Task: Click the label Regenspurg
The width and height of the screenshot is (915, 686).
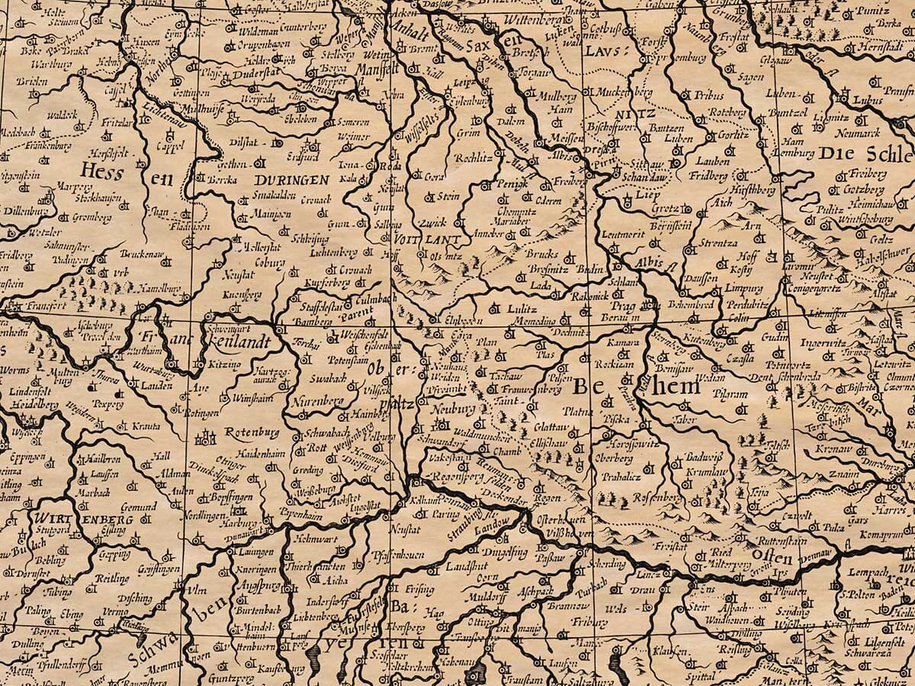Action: click(454, 476)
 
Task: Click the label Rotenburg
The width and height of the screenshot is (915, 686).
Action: click(252, 432)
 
